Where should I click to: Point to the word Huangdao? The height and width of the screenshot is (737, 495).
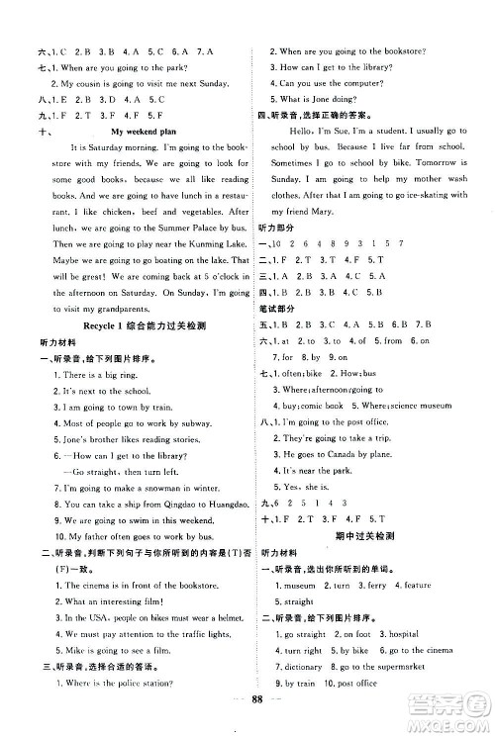coord(219,517)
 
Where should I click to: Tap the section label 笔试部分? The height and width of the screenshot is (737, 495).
coord(281,309)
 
